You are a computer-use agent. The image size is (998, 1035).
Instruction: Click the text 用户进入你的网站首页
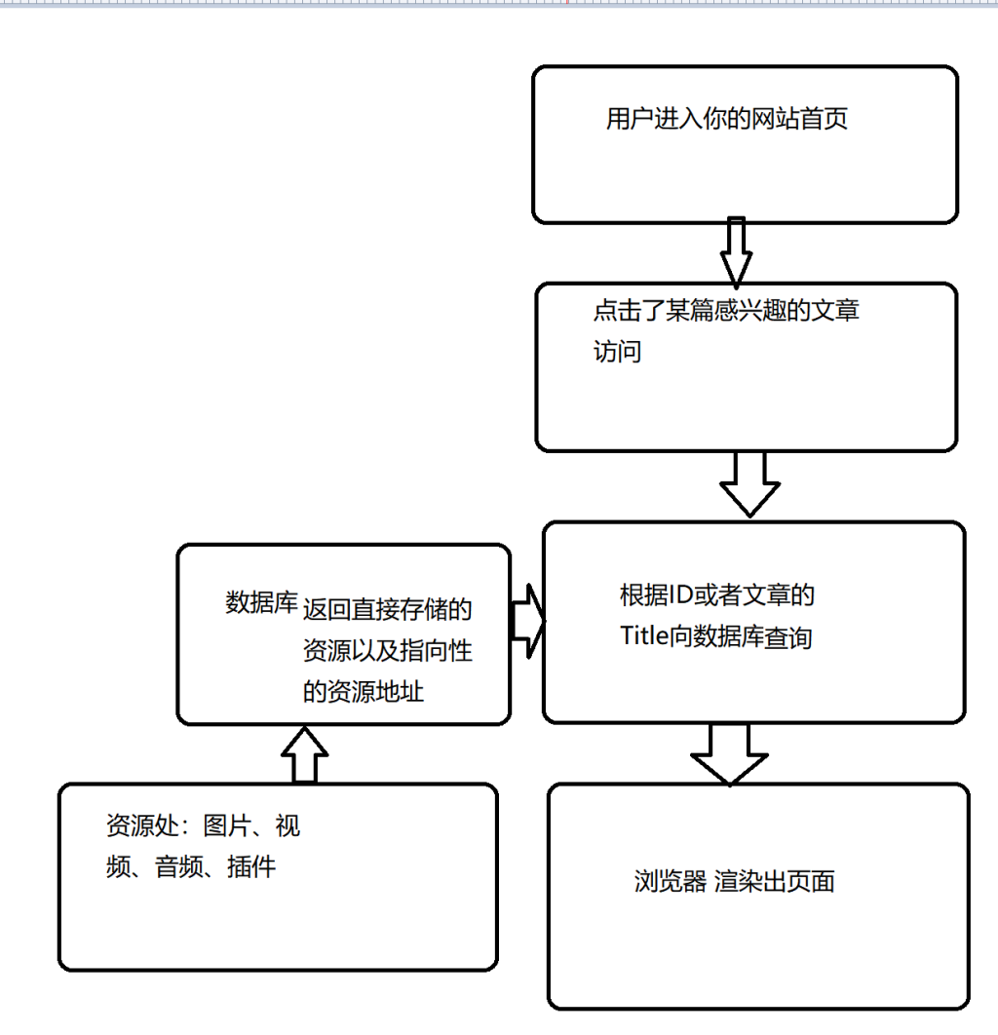pyautogui.click(x=726, y=119)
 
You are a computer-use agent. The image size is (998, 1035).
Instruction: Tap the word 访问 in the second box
pyautogui.click(x=617, y=352)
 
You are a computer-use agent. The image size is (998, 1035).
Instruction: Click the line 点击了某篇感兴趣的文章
pyautogui.click(x=726, y=312)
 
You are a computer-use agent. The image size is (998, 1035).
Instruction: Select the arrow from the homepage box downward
pyautogui.click(x=736, y=250)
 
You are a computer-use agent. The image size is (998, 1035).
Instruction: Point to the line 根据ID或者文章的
pyautogui.click(x=716, y=594)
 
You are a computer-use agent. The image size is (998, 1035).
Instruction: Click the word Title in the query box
pyautogui.click(x=643, y=637)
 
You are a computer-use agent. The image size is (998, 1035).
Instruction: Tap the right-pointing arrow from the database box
pyautogui.click(x=526, y=621)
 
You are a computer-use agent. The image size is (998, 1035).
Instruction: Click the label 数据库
pyautogui.click(x=260, y=602)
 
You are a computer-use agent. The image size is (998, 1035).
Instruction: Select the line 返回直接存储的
pyautogui.click(x=387, y=611)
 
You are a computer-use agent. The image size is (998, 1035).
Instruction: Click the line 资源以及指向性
pyautogui.click(x=387, y=651)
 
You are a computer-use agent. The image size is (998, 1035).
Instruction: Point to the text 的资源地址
pyautogui.click(x=363, y=692)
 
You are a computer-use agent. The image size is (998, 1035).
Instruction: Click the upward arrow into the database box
pyautogui.click(x=305, y=754)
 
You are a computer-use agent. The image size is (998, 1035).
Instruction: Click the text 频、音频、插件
pyautogui.click(x=191, y=866)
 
